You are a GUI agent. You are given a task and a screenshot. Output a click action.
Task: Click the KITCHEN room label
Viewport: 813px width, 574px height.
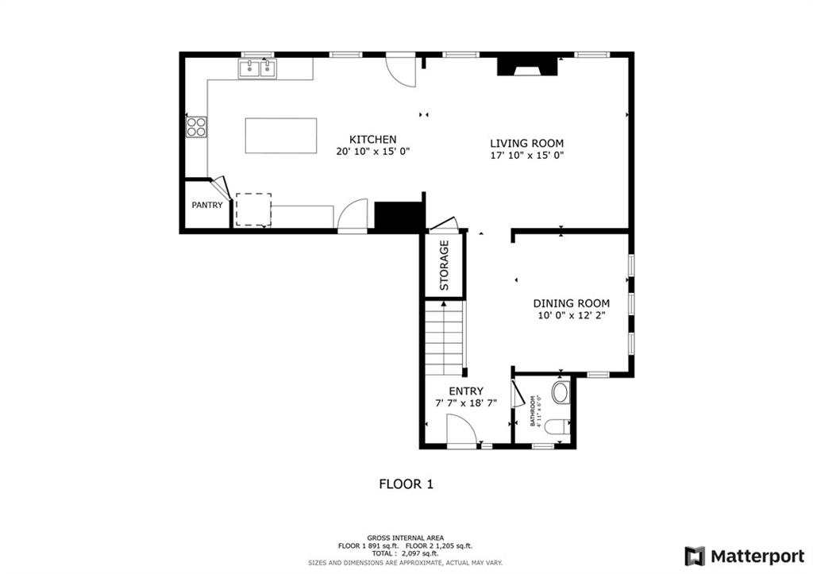click(x=373, y=140)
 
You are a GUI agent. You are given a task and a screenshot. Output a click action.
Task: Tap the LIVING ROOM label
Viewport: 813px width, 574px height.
click(x=527, y=143)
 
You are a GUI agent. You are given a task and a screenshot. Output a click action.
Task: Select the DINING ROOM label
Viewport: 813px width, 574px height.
click(x=572, y=303)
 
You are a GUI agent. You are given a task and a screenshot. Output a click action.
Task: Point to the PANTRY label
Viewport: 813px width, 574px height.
click(x=207, y=205)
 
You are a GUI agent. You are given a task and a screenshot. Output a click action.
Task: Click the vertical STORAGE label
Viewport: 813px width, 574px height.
click(x=444, y=265)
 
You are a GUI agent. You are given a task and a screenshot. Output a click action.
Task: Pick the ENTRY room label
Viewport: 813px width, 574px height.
click(x=466, y=391)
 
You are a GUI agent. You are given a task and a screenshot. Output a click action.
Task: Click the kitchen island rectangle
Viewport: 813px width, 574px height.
click(x=281, y=135)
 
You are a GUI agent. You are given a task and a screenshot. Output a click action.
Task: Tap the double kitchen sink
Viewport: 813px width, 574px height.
click(x=258, y=68)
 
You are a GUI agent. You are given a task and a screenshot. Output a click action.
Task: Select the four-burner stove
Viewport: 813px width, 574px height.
click(x=197, y=127)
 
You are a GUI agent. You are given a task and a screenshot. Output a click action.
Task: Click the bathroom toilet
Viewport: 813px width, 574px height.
click(x=559, y=427)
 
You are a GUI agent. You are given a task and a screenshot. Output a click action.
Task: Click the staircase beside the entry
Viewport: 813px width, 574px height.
click(x=445, y=338)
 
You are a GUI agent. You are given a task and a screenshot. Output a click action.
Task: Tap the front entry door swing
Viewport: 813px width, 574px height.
click(x=461, y=430)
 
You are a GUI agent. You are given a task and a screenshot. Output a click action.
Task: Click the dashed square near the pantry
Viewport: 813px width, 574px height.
click(x=253, y=210)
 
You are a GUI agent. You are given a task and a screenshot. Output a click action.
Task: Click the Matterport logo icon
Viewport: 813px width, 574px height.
click(x=695, y=557)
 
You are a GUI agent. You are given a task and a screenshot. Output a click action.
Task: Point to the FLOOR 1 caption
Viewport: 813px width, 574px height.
click(x=406, y=484)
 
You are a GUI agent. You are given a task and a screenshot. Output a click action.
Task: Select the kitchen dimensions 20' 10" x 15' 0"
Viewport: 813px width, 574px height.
click(x=373, y=152)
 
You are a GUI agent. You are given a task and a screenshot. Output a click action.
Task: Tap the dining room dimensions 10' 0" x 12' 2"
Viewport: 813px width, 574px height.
click(x=572, y=315)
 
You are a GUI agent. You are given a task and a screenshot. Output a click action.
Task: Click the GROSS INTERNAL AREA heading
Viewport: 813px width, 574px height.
click(x=406, y=538)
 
